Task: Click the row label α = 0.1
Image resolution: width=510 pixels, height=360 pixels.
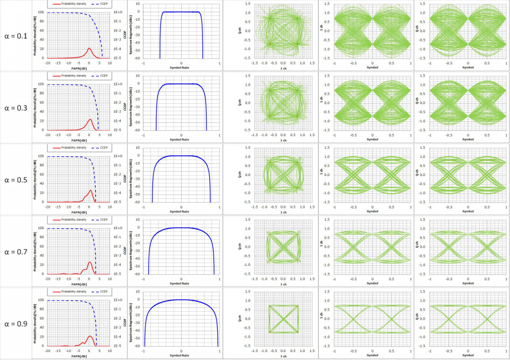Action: click(x=15, y=37)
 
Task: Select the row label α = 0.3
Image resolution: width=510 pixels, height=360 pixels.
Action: click(x=15, y=108)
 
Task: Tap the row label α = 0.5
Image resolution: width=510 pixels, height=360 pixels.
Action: click(x=15, y=180)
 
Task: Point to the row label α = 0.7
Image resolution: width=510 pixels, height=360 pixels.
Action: click(x=15, y=252)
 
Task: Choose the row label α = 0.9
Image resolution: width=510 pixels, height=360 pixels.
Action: click(x=15, y=323)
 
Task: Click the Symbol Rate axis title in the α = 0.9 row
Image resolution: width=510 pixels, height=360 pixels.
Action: click(x=181, y=355)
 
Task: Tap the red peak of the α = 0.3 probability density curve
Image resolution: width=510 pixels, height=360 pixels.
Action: click(x=89, y=119)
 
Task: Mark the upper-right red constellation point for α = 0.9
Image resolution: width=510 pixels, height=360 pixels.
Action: click(x=297, y=306)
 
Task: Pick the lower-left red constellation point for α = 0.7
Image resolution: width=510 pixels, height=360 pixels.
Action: click(x=269, y=260)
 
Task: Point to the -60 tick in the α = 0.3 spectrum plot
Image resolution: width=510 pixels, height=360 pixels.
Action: click(x=138, y=130)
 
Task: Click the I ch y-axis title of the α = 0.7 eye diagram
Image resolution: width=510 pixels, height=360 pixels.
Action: click(x=321, y=246)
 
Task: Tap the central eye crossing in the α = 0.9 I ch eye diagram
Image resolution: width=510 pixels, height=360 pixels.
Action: click(x=372, y=319)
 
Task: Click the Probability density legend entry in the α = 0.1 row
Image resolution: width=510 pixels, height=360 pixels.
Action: click(x=74, y=4)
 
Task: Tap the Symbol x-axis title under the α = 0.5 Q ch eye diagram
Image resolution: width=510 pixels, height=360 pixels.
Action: click(x=468, y=211)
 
